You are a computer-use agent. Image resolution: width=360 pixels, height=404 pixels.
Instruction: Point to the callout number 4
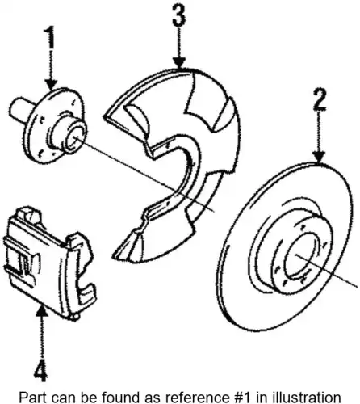click(x=41, y=368)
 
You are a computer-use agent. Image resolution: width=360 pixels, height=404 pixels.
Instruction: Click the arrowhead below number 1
click(x=51, y=84)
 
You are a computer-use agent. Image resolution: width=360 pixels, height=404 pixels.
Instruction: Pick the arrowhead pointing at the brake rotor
click(x=319, y=158)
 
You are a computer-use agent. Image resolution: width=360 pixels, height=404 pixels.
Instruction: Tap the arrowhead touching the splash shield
click(x=179, y=63)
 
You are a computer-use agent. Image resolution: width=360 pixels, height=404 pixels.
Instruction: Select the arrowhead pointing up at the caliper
click(x=41, y=309)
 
